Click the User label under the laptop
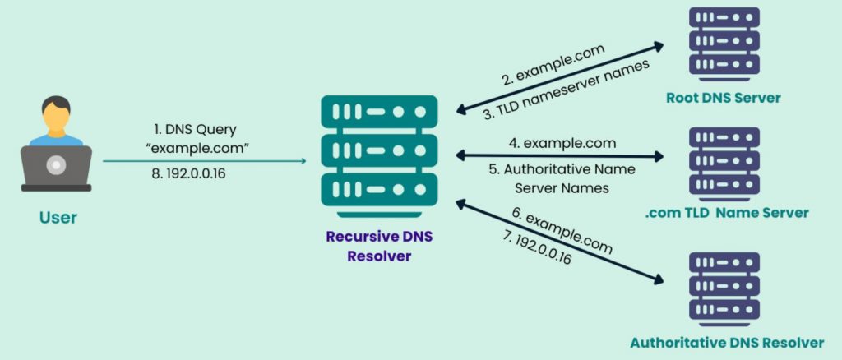(x=57, y=218)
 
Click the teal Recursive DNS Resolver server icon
(x=379, y=156)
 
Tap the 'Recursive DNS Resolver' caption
(x=379, y=246)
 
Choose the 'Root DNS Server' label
(x=724, y=98)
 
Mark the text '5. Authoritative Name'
(x=562, y=171)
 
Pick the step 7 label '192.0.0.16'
(x=534, y=247)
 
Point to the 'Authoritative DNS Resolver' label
(x=727, y=341)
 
